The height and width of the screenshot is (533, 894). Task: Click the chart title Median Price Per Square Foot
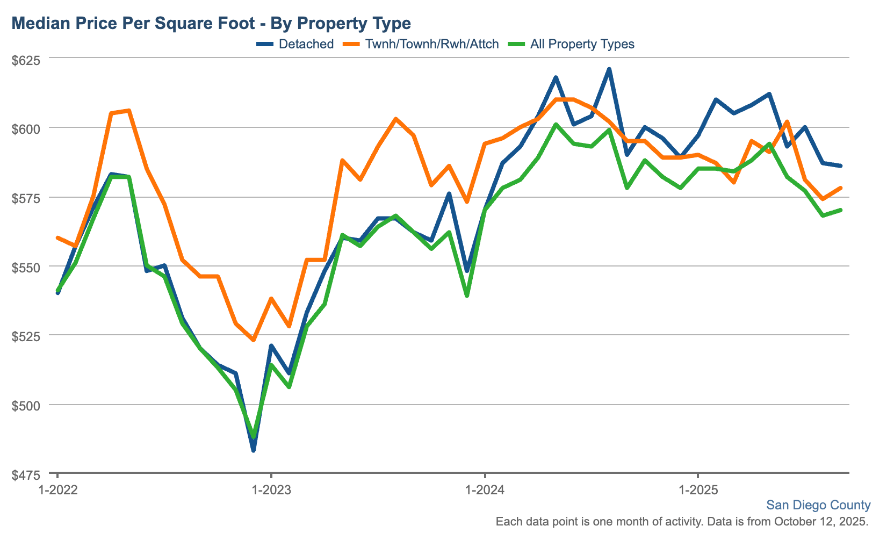(211, 23)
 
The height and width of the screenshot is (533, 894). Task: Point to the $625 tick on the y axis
(26, 60)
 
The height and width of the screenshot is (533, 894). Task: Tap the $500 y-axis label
(26, 406)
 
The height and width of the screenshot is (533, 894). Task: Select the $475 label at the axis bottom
(26, 475)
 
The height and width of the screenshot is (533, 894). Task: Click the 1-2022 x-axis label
(58, 490)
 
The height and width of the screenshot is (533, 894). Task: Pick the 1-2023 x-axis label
(271, 490)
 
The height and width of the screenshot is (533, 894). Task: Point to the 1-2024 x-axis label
(485, 490)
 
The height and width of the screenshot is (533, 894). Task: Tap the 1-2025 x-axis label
(697, 490)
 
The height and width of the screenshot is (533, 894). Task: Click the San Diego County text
(818, 505)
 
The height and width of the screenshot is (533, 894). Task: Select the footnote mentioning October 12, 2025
(682, 521)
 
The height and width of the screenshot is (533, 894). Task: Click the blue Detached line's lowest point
(254, 450)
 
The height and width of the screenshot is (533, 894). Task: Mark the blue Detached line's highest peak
(609, 69)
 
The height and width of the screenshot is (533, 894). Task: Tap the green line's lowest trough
(254, 437)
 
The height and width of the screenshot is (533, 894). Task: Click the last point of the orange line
(840, 188)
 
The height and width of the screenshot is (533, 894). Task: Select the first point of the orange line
(58, 237)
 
